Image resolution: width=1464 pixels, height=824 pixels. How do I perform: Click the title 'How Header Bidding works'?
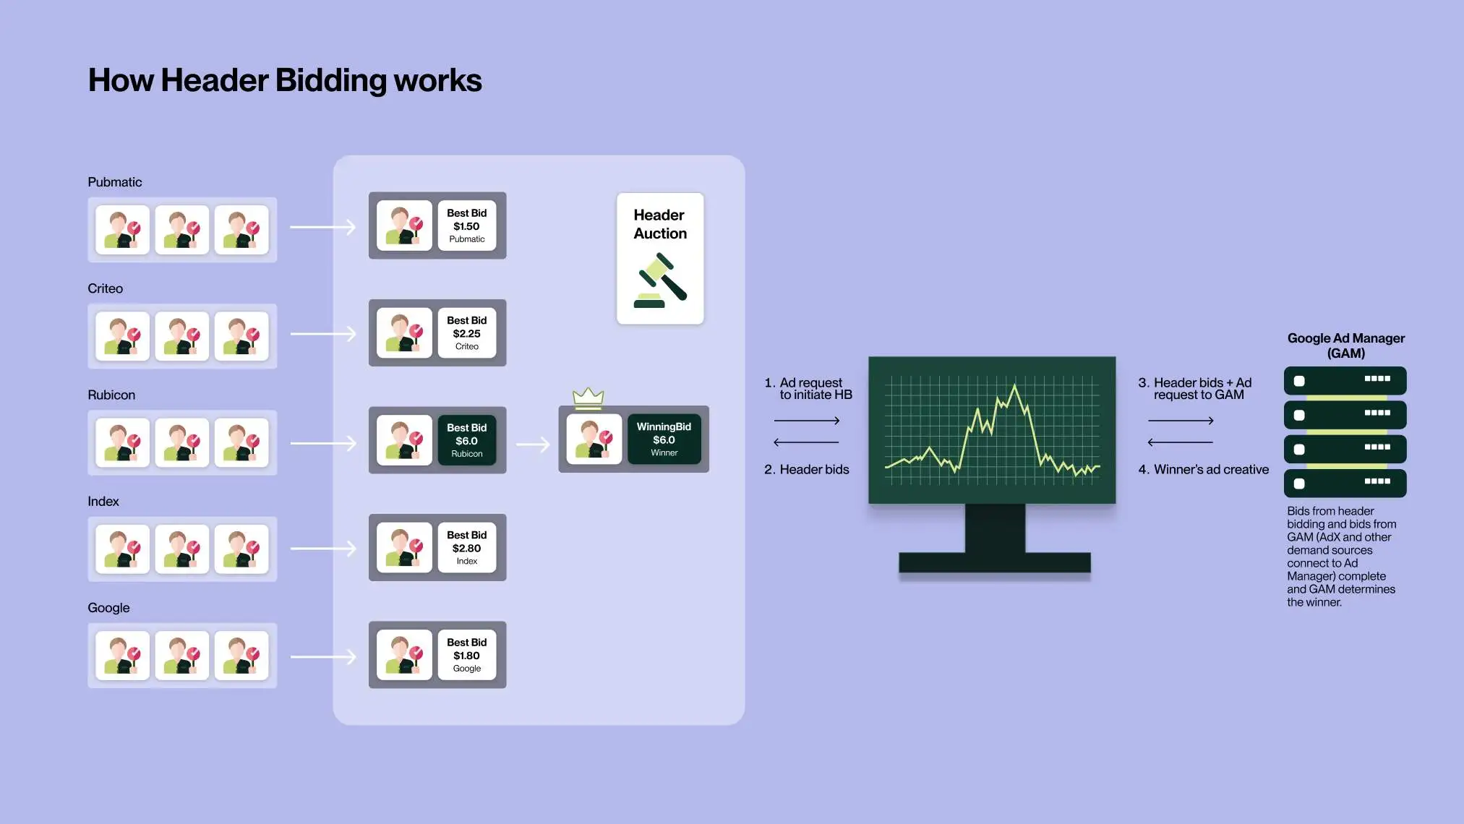click(285, 80)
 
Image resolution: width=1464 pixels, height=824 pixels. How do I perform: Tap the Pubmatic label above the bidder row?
click(114, 182)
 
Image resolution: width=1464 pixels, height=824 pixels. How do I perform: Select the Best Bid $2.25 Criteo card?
click(466, 333)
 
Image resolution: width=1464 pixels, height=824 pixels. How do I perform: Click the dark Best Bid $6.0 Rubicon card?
click(466, 440)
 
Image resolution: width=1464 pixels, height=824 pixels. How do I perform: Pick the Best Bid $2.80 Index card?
click(466, 548)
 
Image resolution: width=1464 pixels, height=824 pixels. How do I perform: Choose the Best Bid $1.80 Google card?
click(466, 655)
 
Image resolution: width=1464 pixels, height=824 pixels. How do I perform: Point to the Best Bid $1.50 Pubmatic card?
click(466, 226)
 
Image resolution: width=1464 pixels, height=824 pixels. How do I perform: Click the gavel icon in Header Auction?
click(661, 281)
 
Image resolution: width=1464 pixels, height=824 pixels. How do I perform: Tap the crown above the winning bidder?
click(588, 396)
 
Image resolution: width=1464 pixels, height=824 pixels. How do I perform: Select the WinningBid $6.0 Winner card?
click(664, 439)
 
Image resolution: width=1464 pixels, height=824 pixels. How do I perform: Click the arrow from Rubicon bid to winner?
click(533, 445)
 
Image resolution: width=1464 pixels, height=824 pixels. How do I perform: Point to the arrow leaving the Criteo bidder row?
click(323, 334)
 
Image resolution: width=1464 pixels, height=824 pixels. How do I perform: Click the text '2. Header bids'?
click(806, 470)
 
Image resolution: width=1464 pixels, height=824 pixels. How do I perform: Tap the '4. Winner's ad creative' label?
click(1203, 470)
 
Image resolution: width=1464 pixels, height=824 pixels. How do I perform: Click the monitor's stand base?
click(994, 562)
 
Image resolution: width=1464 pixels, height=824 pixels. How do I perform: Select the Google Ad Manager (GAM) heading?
click(1345, 346)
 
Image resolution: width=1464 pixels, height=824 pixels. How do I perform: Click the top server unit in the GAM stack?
click(1345, 380)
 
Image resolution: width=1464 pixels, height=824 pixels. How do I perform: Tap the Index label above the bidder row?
click(103, 502)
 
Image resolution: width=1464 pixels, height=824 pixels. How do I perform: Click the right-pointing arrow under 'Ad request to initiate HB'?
click(806, 421)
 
